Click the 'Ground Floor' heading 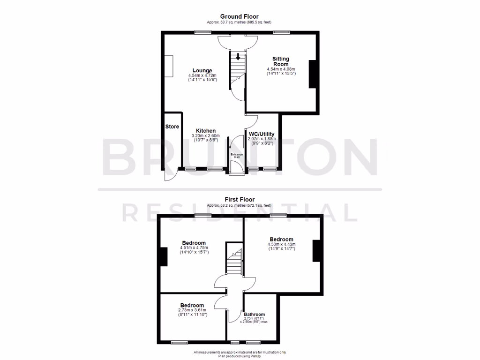[x=239, y=16]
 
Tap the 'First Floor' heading [x=239, y=199]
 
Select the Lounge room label [x=202, y=71]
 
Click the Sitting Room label [x=281, y=61]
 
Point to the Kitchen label [x=206, y=131]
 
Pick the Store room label [x=172, y=127]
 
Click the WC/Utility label [x=262, y=134]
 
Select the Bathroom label [x=254, y=315]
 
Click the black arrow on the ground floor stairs [x=238, y=57]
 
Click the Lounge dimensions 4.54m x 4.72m [x=202, y=75]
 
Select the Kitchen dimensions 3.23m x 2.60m [x=206, y=136]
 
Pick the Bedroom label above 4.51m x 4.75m [x=193, y=243]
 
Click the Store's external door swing [x=169, y=175]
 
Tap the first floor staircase [x=234, y=262]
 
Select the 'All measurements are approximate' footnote [x=240, y=352]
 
